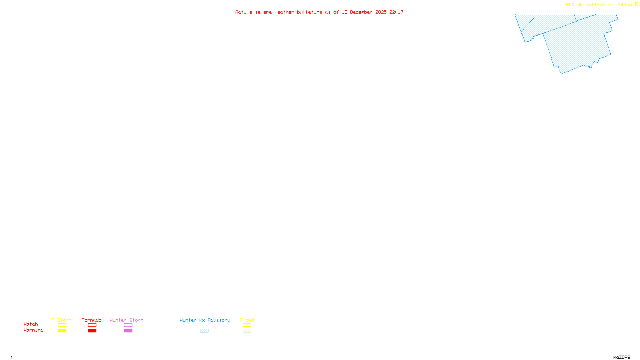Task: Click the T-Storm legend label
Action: [62, 320]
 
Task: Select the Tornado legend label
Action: [92, 320]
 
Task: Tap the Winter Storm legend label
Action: [126, 320]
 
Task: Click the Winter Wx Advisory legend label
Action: [205, 320]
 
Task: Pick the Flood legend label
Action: [247, 320]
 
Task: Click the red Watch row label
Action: [31, 324]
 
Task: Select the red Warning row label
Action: [33, 330]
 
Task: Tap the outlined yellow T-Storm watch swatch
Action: [62, 325]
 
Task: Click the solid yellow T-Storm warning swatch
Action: [62, 331]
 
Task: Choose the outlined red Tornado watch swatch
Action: [92, 325]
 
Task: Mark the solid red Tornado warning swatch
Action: [92, 331]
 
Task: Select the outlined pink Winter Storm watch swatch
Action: [128, 325]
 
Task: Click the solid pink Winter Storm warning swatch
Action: [128, 331]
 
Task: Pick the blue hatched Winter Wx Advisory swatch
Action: [204, 331]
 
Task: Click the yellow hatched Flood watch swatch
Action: [247, 325]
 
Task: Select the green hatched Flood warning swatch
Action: [247, 331]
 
